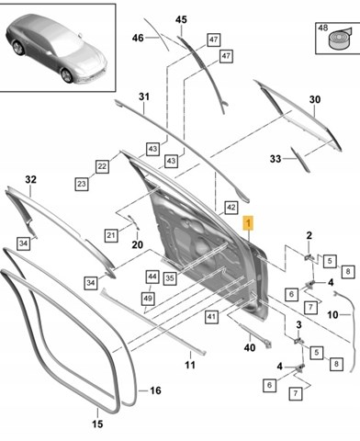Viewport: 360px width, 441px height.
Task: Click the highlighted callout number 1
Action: pyautogui.click(x=248, y=223)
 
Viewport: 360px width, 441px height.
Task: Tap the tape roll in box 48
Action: pyautogui.click(x=339, y=38)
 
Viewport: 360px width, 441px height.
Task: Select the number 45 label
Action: pyautogui.click(x=181, y=20)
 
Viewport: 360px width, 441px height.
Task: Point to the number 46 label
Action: pyautogui.click(x=138, y=38)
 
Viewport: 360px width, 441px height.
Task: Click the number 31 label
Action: pyautogui.click(x=144, y=96)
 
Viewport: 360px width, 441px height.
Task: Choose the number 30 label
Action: pyautogui.click(x=315, y=99)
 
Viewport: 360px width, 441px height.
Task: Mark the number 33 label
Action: pyautogui.click(x=276, y=159)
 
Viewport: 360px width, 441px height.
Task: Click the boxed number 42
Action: pyautogui.click(x=231, y=208)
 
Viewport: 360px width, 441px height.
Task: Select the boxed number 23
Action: pyautogui.click(x=82, y=184)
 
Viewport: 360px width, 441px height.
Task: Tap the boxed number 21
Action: pyautogui.click(x=111, y=235)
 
